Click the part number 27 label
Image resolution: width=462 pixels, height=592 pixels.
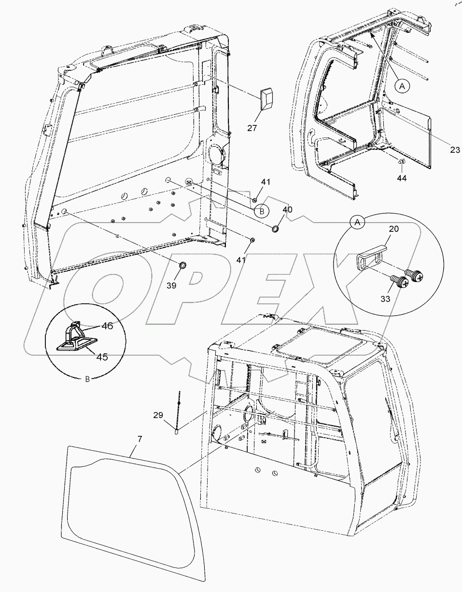coord(252,128)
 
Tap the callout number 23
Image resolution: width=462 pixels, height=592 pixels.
coord(455,150)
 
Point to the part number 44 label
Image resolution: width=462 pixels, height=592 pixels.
coord(402,178)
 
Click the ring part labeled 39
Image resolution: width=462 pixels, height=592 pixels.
coord(183,265)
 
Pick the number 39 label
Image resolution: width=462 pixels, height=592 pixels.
coord(171,285)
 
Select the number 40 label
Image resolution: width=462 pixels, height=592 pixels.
coord(287,210)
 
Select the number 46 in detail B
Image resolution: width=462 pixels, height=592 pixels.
coord(107,326)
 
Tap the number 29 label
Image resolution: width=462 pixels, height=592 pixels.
coord(159,415)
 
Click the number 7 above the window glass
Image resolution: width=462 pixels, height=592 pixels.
coord(140,439)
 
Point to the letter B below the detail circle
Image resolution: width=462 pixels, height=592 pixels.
coord(87,379)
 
